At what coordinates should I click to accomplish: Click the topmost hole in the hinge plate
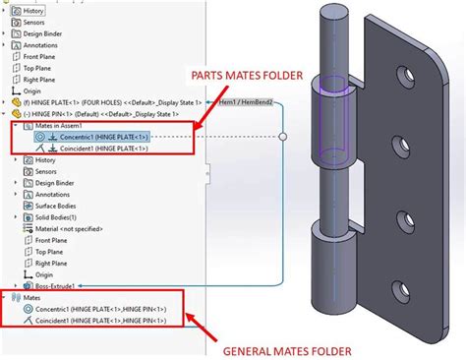point(401,75)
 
